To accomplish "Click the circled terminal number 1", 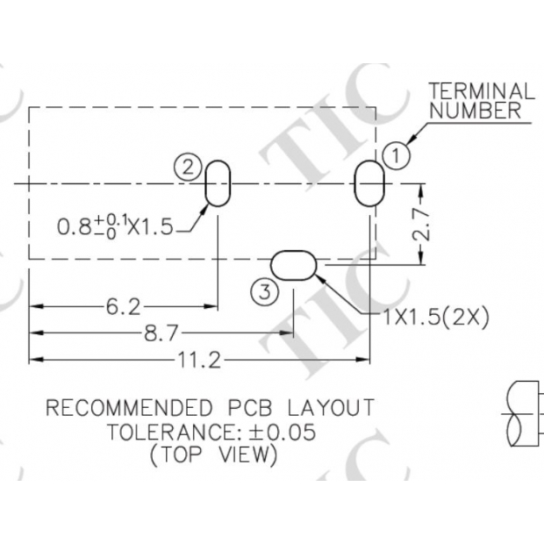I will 397,155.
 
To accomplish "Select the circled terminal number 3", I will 265,291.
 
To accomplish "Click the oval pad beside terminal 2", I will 218,184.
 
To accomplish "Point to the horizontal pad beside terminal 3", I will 293,264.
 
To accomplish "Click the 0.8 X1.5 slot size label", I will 115,226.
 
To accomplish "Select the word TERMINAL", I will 481,90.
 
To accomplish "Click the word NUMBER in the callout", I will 475,111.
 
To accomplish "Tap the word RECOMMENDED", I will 129,408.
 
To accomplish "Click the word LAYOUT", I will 331,408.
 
